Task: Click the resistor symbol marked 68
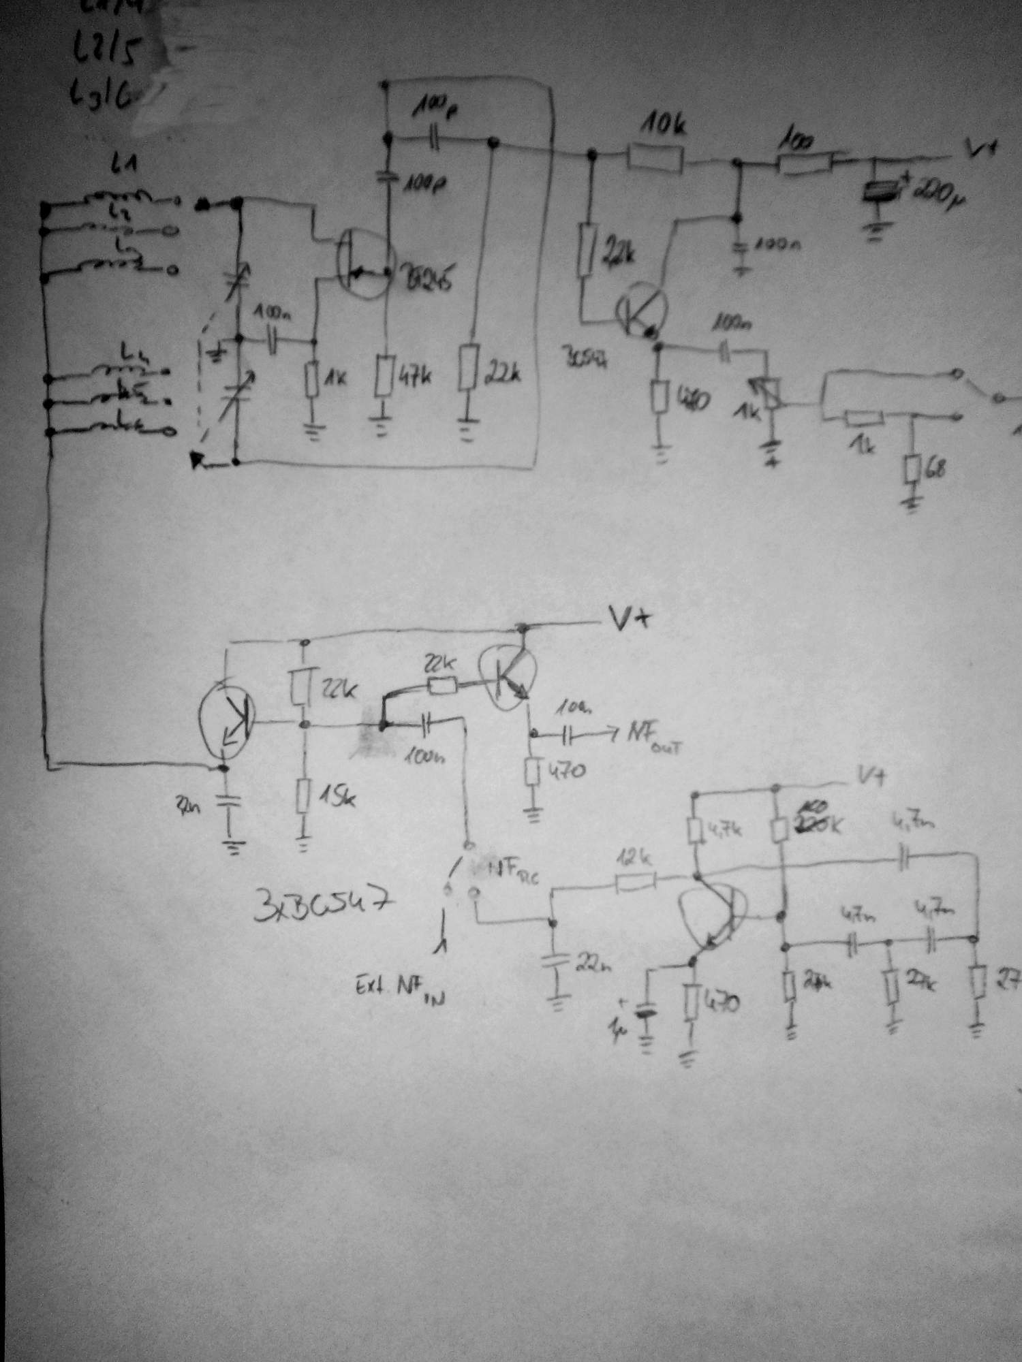coord(913,470)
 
